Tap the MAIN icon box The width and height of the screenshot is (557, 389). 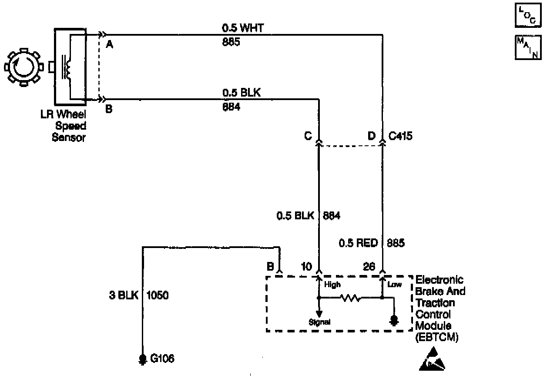[528, 47]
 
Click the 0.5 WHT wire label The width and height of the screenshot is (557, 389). [243, 29]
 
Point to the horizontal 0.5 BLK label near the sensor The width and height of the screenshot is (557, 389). [242, 93]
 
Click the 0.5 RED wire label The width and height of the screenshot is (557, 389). [358, 243]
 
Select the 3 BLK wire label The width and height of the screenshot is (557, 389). [123, 295]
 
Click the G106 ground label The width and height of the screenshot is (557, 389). [162, 359]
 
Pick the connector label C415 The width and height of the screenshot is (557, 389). [400, 136]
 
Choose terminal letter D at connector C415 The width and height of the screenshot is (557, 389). [371, 136]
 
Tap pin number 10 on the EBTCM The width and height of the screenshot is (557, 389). [306, 266]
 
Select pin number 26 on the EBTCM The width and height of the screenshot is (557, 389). [369, 266]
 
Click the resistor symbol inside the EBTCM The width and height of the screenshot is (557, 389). [350, 298]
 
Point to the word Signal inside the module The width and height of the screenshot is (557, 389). [319, 322]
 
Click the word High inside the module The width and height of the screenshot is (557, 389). [332, 285]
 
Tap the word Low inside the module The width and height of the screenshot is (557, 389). [394, 285]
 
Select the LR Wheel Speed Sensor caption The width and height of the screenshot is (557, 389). [69, 126]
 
